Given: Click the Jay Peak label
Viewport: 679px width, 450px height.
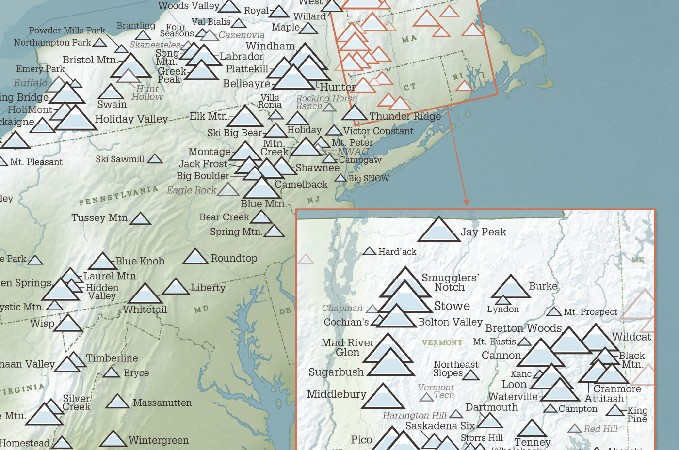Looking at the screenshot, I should (x=483, y=232).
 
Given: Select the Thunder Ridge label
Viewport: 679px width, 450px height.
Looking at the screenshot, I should (x=405, y=116).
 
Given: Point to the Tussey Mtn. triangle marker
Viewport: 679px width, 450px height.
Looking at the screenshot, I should (x=141, y=219).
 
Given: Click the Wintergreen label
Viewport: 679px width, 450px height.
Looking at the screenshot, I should (x=159, y=440).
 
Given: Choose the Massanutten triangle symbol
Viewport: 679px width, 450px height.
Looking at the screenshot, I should (x=117, y=402).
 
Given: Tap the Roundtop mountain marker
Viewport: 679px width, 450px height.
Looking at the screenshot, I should (x=195, y=257).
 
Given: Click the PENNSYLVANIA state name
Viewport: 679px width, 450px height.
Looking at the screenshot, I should (x=118, y=195).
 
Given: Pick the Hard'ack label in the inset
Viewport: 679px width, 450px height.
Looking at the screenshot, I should (x=397, y=252).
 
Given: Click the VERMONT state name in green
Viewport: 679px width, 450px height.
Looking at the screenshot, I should (x=442, y=343).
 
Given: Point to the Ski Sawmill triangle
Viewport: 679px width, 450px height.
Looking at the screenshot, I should (x=155, y=159).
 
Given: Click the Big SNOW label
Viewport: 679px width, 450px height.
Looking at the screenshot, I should (x=369, y=178).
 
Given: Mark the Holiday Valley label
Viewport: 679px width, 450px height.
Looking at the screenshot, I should (x=131, y=119).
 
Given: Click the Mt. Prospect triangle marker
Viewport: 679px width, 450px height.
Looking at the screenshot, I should (x=554, y=312).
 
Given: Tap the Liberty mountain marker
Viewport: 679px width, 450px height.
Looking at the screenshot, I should (x=176, y=287).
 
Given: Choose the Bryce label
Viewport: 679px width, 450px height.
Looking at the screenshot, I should (x=136, y=373).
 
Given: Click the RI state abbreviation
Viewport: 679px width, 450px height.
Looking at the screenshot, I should (x=457, y=77).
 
